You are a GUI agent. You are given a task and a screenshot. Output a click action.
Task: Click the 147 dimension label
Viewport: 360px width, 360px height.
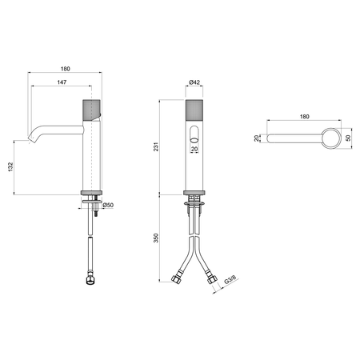[62, 82]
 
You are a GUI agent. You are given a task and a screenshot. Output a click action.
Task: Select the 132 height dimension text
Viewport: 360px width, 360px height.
[10, 166]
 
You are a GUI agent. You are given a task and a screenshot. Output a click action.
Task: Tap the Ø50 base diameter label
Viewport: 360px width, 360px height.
[108, 205]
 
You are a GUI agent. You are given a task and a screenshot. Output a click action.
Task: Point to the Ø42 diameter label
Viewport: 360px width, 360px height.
[194, 82]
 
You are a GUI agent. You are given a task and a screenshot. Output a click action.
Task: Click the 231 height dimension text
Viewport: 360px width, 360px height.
[156, 147]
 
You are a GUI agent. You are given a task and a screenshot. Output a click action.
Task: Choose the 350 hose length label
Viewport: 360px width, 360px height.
[156, 238]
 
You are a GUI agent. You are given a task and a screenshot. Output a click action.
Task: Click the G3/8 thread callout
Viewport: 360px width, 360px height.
[230, 280]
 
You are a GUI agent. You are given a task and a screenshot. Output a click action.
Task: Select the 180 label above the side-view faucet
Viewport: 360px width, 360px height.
[65, 69]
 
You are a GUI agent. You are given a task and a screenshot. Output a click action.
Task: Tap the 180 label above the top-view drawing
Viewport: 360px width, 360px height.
[304, 117]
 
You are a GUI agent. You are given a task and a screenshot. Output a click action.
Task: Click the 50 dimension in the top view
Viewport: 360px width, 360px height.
[348, 138]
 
